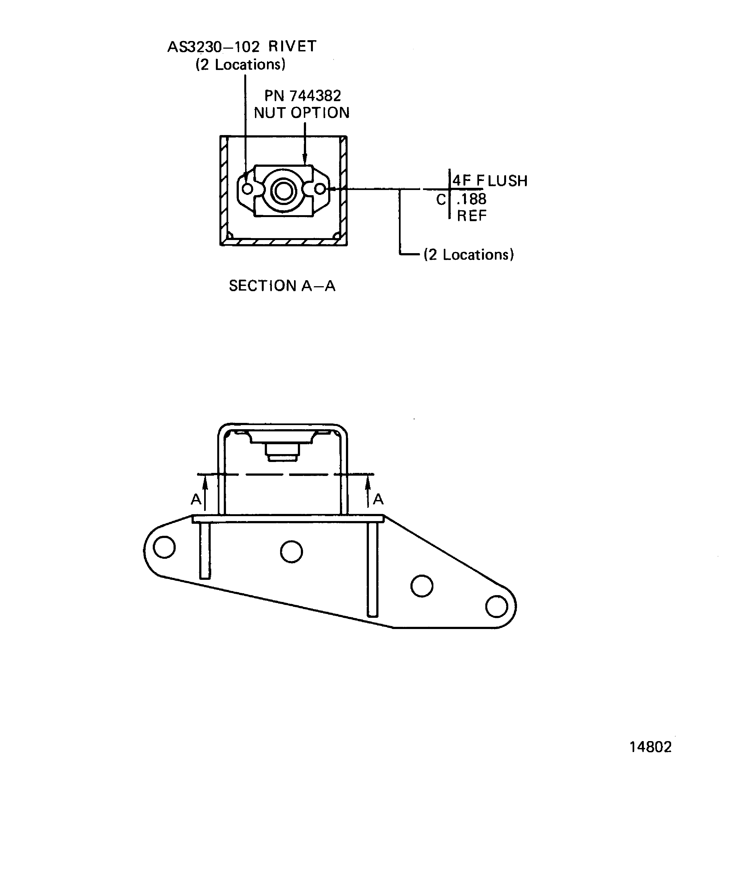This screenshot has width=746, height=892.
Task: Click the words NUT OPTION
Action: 301,113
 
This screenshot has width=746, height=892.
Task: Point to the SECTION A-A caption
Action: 282,286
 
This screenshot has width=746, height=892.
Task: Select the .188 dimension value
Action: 471,199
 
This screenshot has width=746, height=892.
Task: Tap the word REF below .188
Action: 471,216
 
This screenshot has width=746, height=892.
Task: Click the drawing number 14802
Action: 650,747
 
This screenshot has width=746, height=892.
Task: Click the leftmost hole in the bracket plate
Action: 164,547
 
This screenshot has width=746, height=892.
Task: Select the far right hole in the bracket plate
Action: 496,606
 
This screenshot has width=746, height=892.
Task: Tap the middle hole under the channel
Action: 291,552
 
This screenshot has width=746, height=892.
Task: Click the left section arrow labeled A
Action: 205,493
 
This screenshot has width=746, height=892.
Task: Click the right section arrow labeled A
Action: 368,493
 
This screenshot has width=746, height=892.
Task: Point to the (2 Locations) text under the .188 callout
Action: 469,255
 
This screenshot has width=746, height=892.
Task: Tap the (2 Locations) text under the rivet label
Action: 240,65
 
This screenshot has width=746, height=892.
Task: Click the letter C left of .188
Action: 441,199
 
